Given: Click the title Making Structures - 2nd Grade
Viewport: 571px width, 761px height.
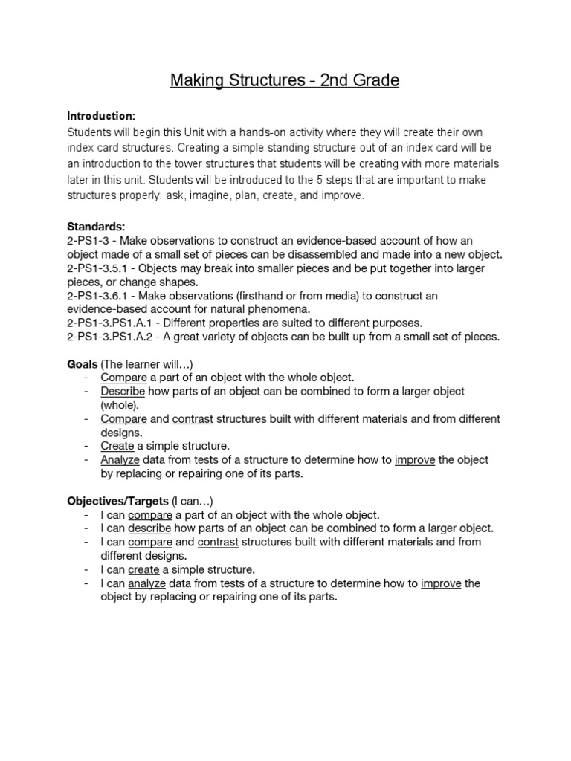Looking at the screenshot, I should click(x=285, y=80).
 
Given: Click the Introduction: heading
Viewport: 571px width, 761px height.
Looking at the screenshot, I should click(x=101, y=117).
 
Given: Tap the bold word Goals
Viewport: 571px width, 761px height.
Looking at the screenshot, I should click(x=83, y=363).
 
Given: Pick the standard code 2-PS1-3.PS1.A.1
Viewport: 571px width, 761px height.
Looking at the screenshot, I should click(x=113, y=323).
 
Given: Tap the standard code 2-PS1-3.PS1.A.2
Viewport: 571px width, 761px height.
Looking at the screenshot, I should click(x=113, y=337).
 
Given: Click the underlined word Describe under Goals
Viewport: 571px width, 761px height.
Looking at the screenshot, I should click(x=123, y=392).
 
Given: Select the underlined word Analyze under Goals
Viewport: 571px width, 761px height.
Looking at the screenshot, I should click(x=120, y=460).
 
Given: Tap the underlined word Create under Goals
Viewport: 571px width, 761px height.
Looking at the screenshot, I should click(x=117, y=446).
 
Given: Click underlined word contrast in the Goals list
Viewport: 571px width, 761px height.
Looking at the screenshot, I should click(x=193, y=419).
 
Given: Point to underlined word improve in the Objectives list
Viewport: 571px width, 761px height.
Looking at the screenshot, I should click(x=441, y=583).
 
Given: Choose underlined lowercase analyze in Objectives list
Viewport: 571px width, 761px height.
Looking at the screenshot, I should click(x=147, y=583).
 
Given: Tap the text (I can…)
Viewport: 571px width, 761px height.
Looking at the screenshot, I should click(x=192, y=501).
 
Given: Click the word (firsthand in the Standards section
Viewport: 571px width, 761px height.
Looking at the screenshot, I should click(x=283, y=296).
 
